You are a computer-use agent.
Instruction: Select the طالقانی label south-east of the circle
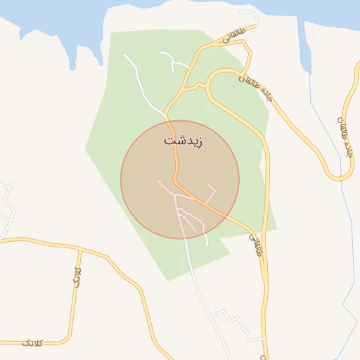pos(255,245)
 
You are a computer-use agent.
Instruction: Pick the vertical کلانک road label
pos(78,275)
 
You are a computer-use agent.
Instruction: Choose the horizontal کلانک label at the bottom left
pos(32,342)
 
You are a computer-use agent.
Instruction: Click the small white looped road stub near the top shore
pos(250,17)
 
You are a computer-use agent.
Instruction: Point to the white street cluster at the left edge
pos(6,207)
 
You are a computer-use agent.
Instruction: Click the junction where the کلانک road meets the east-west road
pos(80,248)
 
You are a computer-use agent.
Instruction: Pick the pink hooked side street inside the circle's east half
pos(211,190)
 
